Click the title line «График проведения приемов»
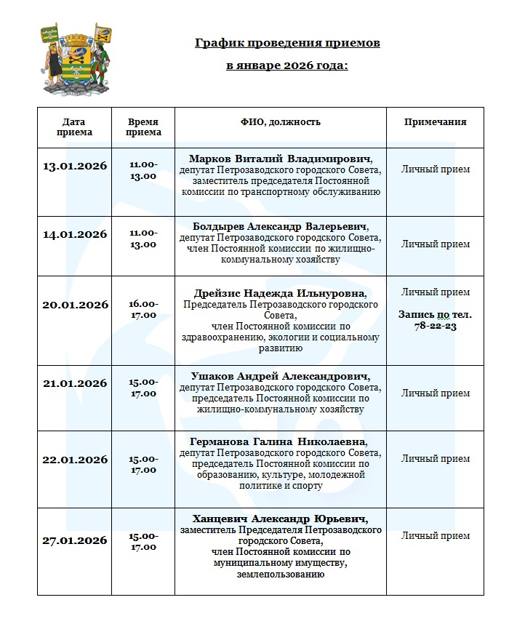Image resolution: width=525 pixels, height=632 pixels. point(287,44)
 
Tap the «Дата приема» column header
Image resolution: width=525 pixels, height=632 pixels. point(74,127)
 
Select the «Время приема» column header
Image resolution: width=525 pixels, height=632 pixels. point(143,127)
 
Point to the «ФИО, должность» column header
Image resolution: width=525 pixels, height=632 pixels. point(280,122)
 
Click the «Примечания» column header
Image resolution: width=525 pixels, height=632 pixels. point(435,122)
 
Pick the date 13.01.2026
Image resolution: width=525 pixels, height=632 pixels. point(75,166)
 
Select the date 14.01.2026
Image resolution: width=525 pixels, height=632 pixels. point(75,234)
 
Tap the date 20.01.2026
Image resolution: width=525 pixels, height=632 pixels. point(75,305)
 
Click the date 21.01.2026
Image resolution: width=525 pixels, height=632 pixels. point(75,383)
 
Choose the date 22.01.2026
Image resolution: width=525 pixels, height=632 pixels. point(75,460)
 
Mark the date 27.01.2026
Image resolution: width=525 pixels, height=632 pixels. point(75,540)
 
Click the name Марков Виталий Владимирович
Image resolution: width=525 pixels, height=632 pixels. point(280,159)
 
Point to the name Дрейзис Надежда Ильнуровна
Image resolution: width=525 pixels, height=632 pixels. point(280,293)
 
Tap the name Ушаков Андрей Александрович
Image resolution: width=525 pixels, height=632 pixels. point(280,377)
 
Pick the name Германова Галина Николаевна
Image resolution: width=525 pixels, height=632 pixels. point(280,442)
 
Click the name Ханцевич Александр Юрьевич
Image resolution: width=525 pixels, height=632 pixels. point(280,519)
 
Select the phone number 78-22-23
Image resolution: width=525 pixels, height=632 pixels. point(436,327)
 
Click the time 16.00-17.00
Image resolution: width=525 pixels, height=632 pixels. point(143,309)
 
